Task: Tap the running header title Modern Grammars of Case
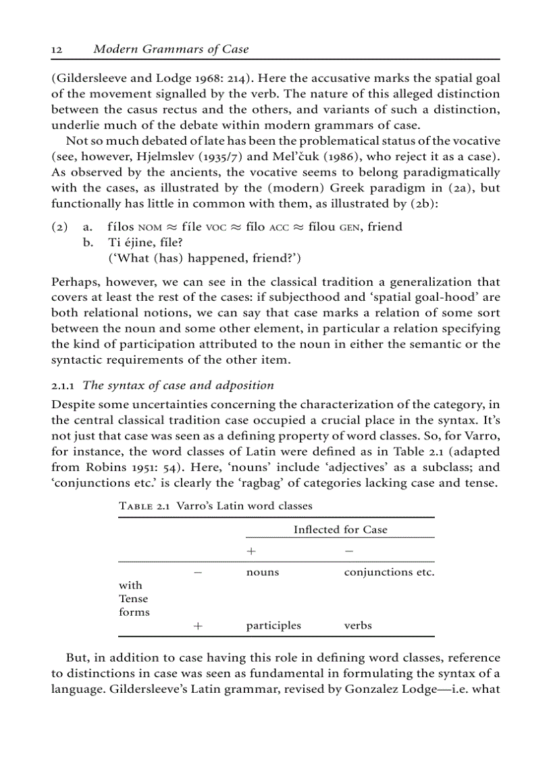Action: click(x=171, y=49)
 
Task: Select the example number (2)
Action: click(x=60, y=227)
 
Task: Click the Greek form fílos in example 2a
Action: click(x=122, y=227)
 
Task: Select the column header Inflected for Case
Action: click(x=340, y=530)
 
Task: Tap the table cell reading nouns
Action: click(x=263, y=572)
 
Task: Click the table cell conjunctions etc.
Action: click(x=389, y=572)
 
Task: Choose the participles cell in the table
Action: click(x=273, y=626)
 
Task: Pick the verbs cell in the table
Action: click(x=358, y=626)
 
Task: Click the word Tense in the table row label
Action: click(x=133, y=599)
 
